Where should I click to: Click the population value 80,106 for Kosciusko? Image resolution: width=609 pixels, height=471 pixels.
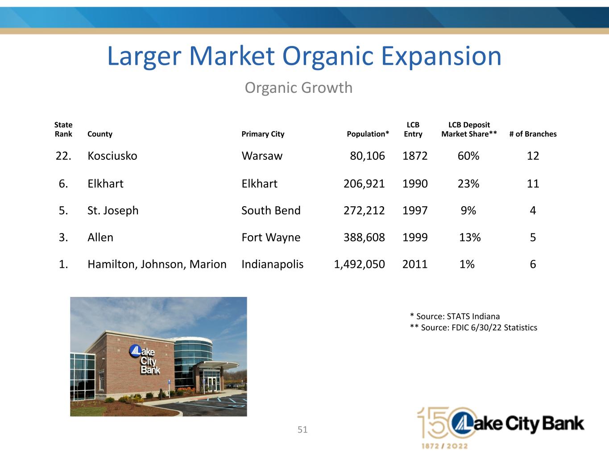[367, 156]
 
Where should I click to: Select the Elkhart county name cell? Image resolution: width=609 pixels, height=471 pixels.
[105, 183]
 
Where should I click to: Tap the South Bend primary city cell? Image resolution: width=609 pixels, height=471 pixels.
[271, 210]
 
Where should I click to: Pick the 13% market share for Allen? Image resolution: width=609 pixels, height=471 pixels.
[470, 237]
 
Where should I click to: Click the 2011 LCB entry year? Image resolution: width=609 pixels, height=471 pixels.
[415, 264]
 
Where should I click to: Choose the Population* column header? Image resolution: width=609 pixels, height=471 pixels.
[368, 134]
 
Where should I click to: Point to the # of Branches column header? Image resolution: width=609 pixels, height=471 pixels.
[533, 134]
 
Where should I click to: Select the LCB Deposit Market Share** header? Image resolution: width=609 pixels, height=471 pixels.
[469, 129]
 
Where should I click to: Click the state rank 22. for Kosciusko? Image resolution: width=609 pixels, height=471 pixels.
[63, 156]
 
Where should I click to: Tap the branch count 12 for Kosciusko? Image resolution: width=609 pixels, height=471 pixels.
[533, 156]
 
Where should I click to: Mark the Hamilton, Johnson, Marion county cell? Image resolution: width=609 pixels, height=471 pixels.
[157, 264]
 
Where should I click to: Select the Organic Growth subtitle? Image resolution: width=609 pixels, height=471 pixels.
[298, 88]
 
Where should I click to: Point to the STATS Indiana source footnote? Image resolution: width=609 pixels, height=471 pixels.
[455, 316]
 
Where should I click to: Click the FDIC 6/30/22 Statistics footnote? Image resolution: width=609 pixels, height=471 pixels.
[473, 327]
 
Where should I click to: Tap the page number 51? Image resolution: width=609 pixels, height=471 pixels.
[302, 429]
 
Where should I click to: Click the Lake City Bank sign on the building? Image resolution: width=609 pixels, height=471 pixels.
[145, 359]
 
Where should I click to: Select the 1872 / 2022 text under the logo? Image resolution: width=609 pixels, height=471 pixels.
[445, 446]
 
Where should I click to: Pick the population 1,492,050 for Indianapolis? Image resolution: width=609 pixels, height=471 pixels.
[359, 264]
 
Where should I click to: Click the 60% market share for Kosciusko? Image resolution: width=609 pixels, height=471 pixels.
[468, 156]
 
